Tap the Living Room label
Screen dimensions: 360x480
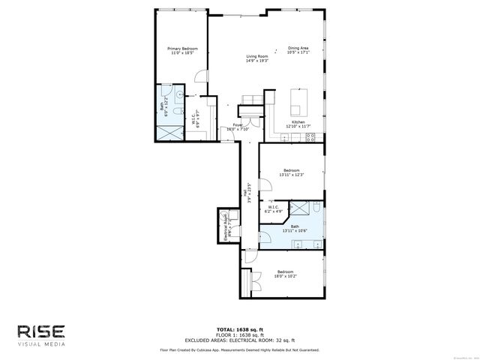tap(257, 58)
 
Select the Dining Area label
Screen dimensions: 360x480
tap(298, 50)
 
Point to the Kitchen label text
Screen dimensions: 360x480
tap(298, 124)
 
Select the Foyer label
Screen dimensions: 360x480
tap(237, 127)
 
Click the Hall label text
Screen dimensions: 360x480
tap(245, 192)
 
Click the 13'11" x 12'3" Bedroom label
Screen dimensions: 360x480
tap(292, 172)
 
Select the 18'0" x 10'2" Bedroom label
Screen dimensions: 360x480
tap(286, 274)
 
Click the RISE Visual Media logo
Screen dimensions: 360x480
tap(41, 334)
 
